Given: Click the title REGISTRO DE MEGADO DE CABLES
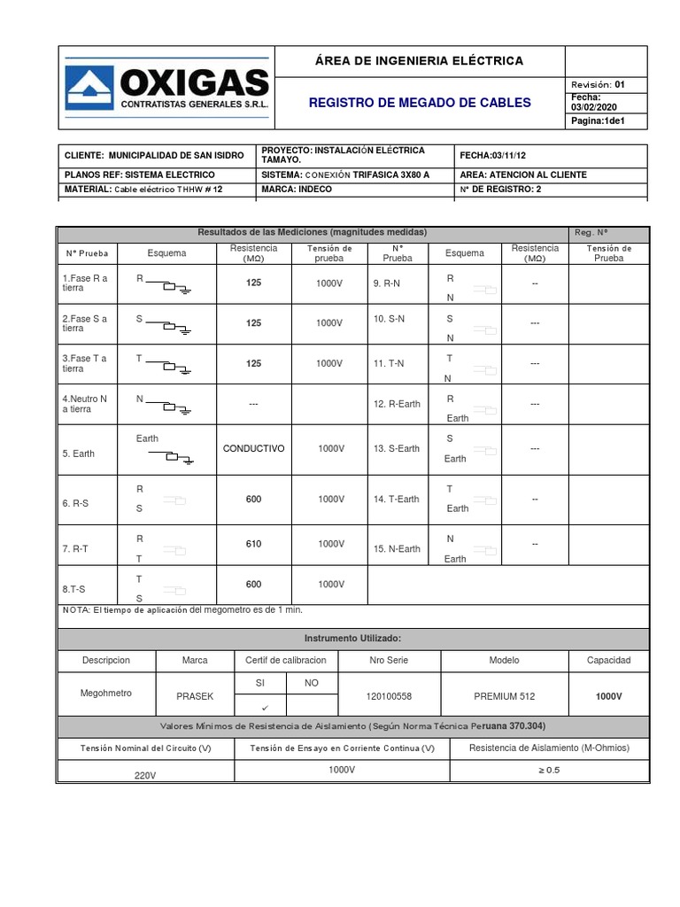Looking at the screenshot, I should click(420, 103).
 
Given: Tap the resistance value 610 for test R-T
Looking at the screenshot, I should click(254, 544).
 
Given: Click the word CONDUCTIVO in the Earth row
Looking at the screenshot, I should click(254, 449).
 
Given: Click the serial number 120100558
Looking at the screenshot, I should click(389, 697).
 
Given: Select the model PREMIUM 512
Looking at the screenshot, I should click(505, 697).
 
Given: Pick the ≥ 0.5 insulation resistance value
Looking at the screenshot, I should click(549, 770).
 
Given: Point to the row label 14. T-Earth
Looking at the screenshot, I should click(397, 500).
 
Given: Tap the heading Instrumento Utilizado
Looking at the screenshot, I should click(353, 638).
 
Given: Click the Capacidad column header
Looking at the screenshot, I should click(608, 661).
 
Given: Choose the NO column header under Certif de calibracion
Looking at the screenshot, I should click(311, 683).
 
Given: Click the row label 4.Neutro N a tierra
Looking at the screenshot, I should click(85, 404).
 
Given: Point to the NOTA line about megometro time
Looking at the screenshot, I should click(182, 610).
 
